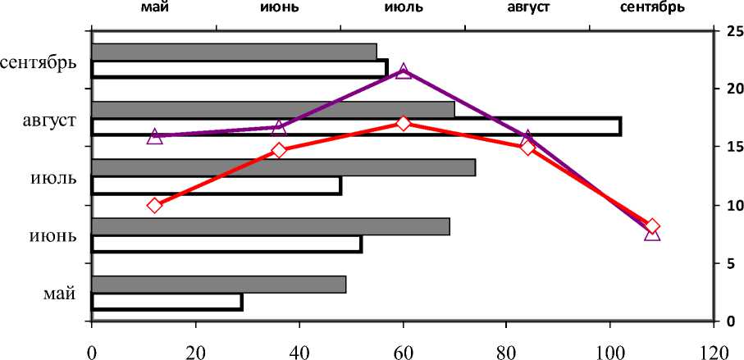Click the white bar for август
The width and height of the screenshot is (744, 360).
(x=356, y=126)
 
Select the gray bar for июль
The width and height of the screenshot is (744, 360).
(x=283, y=168)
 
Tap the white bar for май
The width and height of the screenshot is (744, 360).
(x=167, y=302)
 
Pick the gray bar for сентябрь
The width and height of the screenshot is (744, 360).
(x=234, y=52)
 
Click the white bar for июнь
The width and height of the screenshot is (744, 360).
(x=226, y=244)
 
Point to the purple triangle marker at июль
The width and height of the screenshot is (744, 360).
(x=404, y=71)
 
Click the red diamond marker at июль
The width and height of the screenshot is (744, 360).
(x=403, y=123)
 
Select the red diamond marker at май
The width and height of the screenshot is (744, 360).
(x=154, y=205)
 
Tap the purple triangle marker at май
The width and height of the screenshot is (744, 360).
(x=154, y=136)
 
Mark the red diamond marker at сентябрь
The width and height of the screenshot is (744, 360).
(x=652, y=226)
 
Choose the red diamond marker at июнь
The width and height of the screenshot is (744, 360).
(x=279, y=150)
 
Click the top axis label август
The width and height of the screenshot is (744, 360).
(x=527, y=8)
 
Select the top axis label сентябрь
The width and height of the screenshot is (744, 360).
(x=652, y=8)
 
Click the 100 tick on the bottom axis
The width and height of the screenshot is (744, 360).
(x=610, y=349)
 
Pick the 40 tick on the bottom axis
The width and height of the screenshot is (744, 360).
(x=299, y=349)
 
